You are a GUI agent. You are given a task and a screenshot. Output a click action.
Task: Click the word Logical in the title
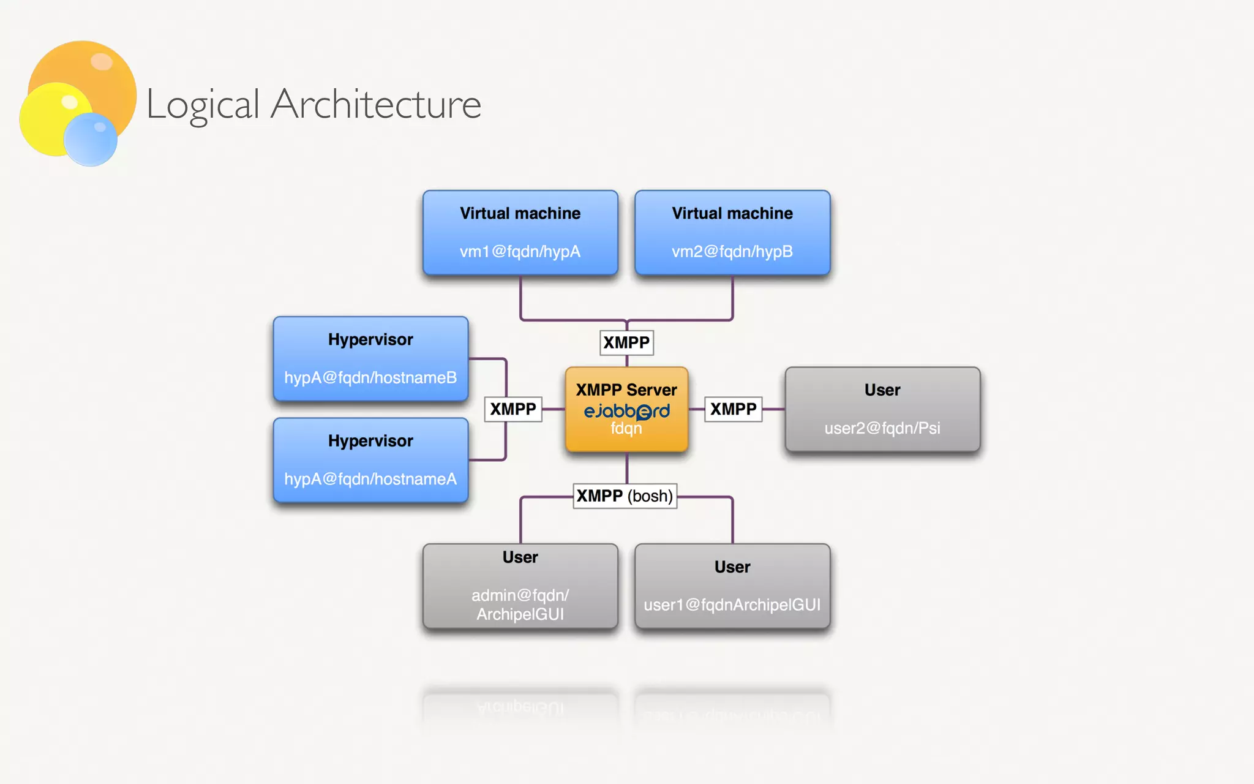point(203,104)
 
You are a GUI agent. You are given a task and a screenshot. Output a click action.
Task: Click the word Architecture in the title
point(375,104)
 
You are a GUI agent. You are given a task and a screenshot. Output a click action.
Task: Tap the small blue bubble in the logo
point(91,139)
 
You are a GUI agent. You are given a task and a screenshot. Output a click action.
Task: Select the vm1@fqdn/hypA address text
point(520,252)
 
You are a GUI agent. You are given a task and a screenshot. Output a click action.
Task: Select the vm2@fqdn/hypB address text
point(732,252)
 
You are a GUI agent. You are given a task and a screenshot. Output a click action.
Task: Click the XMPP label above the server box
point(626,342)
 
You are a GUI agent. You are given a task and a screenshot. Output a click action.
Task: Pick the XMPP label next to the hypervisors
point(513,409)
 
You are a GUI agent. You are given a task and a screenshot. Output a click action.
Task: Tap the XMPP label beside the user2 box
point(733,409)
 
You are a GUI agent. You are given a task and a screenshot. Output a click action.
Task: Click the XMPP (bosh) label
point(625,496)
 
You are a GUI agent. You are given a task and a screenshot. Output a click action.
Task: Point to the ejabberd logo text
point(626,411)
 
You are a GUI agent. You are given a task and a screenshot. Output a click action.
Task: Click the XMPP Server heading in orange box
point(626,390)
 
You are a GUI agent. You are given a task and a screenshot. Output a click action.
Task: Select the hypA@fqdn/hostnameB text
point(370,377)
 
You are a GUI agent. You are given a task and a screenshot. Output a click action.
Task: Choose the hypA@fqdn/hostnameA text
point(370,479)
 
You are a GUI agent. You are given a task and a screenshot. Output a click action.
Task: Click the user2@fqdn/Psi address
point(882,428)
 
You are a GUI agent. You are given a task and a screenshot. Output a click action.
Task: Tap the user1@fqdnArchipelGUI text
point(732,605)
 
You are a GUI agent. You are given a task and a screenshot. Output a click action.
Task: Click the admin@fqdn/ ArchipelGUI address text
point(520,605)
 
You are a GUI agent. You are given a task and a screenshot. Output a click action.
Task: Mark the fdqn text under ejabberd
point(626,428)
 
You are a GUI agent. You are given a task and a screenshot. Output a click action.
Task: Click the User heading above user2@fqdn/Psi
point(882,390)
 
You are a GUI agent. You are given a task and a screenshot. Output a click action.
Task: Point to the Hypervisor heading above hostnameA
point(370,441)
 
